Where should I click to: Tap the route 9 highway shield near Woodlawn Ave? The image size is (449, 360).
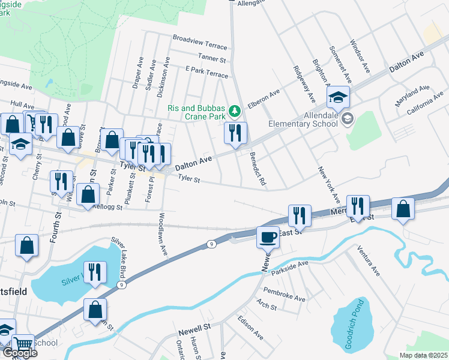click(x=211, y=244)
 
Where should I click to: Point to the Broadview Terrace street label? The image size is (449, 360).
click(x=200, y=41)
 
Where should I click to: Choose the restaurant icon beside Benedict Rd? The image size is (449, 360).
click(x=235, y=132)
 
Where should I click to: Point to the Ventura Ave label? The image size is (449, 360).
click(x=368, y=260)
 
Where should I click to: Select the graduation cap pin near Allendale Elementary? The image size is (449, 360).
click(x=338, y=97)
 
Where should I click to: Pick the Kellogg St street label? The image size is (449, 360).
click(x=108, y=207)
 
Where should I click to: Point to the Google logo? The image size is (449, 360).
click(x=19, y=352)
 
